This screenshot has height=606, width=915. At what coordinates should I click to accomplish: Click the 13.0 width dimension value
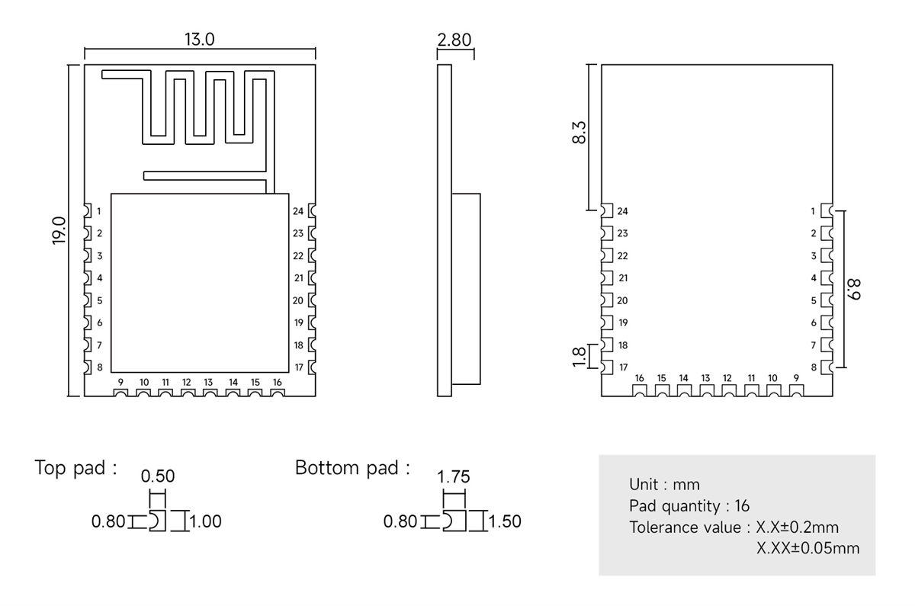[x=199, y=40]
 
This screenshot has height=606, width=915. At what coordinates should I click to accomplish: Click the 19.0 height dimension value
[x=59, y=230]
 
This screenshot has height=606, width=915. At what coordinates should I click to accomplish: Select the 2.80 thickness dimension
[x=455, y=40]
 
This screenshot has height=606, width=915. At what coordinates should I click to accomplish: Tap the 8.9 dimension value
[x=855, y=289]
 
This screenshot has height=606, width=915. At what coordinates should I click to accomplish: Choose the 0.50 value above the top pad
[x=158, y=476]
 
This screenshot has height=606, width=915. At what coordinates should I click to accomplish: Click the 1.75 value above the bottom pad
[x=453, y=477]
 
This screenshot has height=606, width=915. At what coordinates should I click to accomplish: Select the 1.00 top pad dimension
[x=205, y=522]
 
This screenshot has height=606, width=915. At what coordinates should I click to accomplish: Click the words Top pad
[x=75, y=468]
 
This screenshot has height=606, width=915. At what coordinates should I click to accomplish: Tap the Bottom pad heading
[x=352, y=468]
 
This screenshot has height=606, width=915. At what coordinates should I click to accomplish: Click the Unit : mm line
[x=664, y=484]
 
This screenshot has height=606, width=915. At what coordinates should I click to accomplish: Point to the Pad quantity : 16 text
[x=689, y=505]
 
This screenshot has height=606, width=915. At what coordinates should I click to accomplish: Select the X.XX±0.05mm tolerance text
[x=807, y=548]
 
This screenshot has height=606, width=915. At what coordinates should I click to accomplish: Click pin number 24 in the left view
[x=298, y=211]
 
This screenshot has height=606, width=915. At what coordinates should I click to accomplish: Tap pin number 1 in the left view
[x=99, y=211]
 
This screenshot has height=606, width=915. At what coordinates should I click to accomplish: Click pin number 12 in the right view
[x=727, y=378]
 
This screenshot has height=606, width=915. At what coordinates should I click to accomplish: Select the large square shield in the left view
[x=200, y=282]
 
